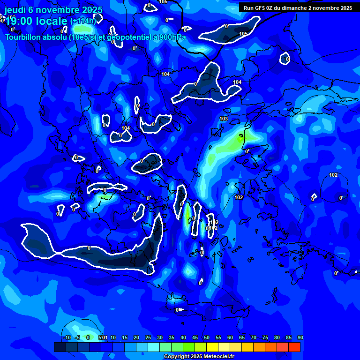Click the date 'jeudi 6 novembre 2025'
53,10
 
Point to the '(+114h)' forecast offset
83,21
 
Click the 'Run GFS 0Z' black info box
298,7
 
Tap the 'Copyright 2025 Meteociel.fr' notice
199,357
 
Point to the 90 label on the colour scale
300,337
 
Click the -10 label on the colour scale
67,337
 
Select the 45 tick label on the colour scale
195,337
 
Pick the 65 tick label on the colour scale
241,337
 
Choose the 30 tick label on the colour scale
159,337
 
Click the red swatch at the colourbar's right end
294,347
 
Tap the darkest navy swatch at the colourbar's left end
60,347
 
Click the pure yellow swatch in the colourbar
212,347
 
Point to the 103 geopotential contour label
224,119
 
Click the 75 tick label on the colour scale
265,337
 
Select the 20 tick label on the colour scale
136,337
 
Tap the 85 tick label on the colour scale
288,337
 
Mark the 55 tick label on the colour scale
218,337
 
